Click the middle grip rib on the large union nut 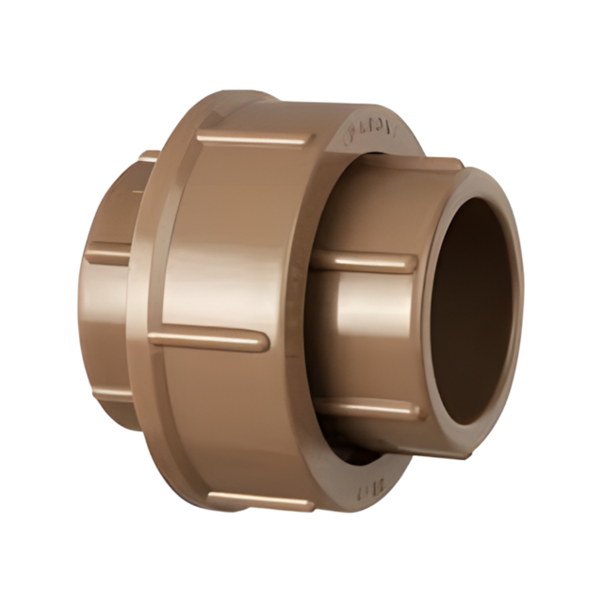click(209, 337)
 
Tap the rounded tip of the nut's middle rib click(264, 340)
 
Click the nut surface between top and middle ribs click(226, 236)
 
